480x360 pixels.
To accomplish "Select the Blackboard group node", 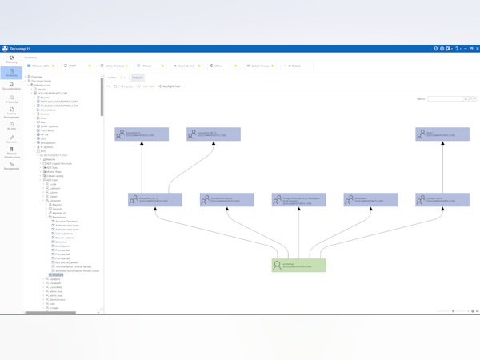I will [370, 199].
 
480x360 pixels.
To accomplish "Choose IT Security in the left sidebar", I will [12, 100].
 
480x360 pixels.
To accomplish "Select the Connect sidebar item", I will [12, 139].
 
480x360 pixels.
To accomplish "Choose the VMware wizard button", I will [149, 66].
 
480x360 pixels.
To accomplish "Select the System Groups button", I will [259, 66].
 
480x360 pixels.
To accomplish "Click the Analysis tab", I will [137, 78].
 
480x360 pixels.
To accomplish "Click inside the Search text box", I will [445, 99].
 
